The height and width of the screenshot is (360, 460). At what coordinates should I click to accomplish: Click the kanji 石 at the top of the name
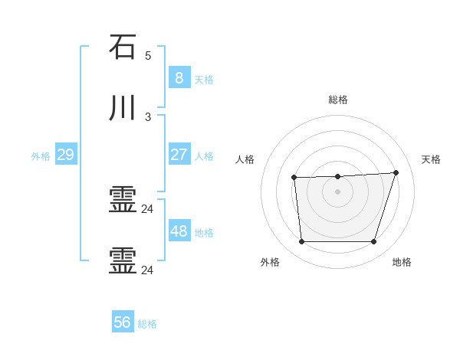pos(123,47)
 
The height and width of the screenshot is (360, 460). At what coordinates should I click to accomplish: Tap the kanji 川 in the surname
pos(123,110)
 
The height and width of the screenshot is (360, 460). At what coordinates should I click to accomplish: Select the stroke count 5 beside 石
pos(148,56)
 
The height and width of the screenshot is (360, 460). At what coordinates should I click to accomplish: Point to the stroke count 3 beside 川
pos(148,117)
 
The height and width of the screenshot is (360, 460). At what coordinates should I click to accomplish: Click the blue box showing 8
pos(179,77)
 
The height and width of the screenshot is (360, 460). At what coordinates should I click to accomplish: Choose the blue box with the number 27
pos(179,155)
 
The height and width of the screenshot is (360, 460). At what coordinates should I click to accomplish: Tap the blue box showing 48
pos(179,231)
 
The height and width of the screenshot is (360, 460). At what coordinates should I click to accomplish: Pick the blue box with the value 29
pos(65,155)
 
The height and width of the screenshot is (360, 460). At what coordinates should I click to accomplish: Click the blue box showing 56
pos(123,322)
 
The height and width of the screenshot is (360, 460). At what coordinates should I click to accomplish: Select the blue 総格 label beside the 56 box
pos(147,324)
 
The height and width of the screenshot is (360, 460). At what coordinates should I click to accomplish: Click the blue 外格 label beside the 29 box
pos(41,156)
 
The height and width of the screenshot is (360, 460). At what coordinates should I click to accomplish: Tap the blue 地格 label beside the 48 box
pos(204,233)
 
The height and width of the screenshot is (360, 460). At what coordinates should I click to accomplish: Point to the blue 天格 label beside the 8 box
pos(204,79)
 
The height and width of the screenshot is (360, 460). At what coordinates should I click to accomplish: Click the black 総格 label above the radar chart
pos(337,100)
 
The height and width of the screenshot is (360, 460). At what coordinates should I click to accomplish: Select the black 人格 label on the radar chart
pos(245,159)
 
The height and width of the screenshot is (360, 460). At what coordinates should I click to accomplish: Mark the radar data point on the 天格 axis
pos(396,172)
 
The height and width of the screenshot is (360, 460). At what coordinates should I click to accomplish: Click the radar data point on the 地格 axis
pos(373,241)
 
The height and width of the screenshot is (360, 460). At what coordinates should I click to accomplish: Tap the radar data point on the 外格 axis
pos(301,241)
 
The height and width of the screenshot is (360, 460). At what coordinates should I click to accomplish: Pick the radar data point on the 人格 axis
pos(294,178)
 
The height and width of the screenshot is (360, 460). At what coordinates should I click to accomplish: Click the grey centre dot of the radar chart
pos(337,191)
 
